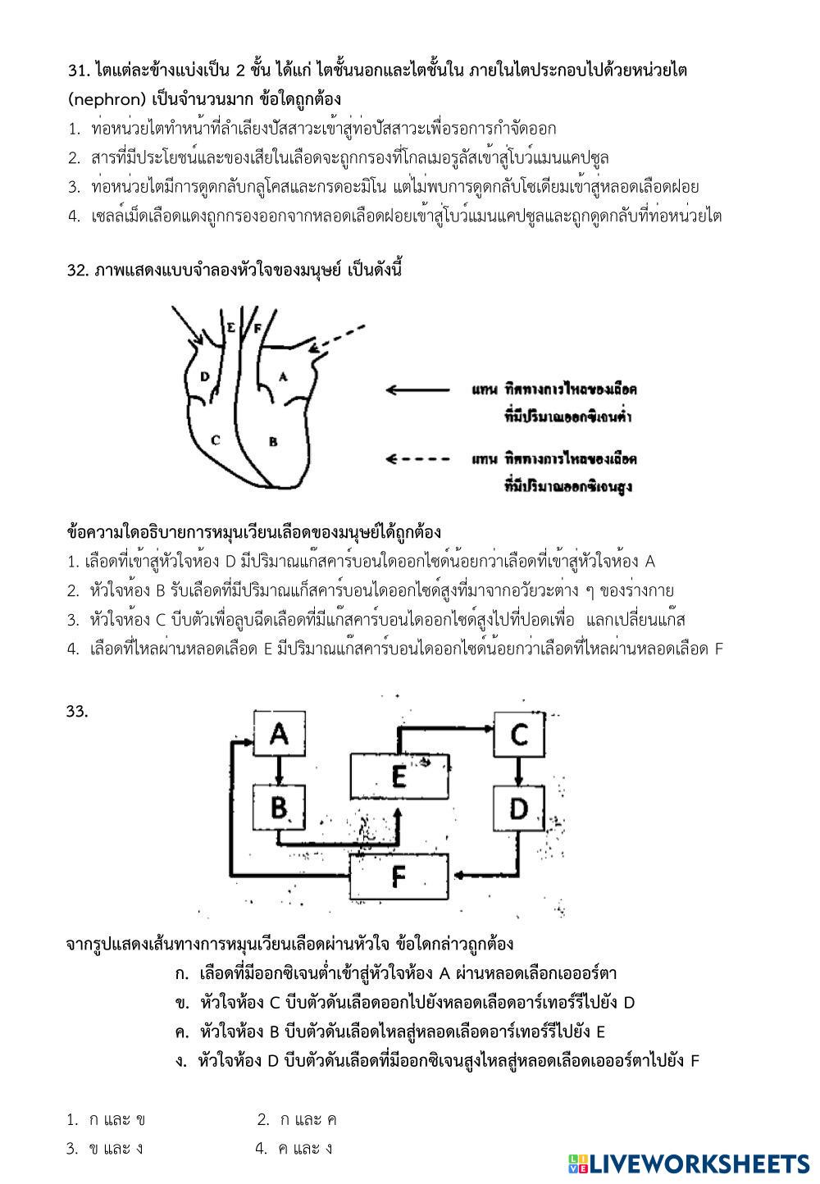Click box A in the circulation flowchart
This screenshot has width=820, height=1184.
(279, 733)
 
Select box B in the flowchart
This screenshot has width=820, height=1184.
(279, 808)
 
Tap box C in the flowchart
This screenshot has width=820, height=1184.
(518, 733)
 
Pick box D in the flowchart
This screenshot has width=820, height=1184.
(518, 808)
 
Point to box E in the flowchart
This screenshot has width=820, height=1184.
(399, 775)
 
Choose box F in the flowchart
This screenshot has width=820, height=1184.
(399, 877)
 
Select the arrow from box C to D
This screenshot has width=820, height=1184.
(518, 771)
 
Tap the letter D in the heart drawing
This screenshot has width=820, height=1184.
(205, 377)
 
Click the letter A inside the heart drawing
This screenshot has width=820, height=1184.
(283, 376)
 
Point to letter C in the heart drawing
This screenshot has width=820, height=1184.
(215, 439)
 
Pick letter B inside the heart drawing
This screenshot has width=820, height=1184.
(274, 441)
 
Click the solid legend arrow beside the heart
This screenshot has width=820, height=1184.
(417, 389)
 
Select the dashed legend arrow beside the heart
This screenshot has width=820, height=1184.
(417, 459)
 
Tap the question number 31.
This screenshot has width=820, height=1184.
(78, 71)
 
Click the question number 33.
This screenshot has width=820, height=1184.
(77, 712)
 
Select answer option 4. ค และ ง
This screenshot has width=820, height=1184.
(294, 1148)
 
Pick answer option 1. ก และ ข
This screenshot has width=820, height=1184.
(107, 1119)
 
